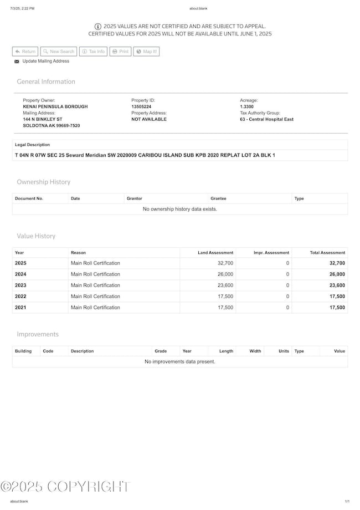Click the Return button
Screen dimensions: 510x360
coord(25,52)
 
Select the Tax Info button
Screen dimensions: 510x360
coord(93,52)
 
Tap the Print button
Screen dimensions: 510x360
coord(120,52)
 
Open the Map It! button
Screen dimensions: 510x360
coord(146,52)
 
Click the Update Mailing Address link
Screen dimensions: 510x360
coord(45,61)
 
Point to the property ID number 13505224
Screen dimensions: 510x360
coord(141,106)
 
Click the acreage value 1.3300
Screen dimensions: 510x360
coord(248,106)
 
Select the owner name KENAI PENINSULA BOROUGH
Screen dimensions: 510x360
coord(55,106)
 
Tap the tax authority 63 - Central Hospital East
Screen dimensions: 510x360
coord(266,119)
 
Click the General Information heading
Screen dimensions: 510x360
coord(46,81)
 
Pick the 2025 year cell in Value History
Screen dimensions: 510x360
coord(20,263)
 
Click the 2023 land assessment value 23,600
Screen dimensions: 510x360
coord(225,285)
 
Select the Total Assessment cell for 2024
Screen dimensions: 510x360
coord(337,274)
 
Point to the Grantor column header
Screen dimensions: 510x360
coord(134,198)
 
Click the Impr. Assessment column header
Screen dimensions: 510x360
coord(271,253)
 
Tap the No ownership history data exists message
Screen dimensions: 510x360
coord(180,209)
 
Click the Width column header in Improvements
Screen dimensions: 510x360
coord(255,351)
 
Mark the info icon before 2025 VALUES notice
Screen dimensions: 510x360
coord(98,26)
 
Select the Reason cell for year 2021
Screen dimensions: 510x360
coord(95,308)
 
